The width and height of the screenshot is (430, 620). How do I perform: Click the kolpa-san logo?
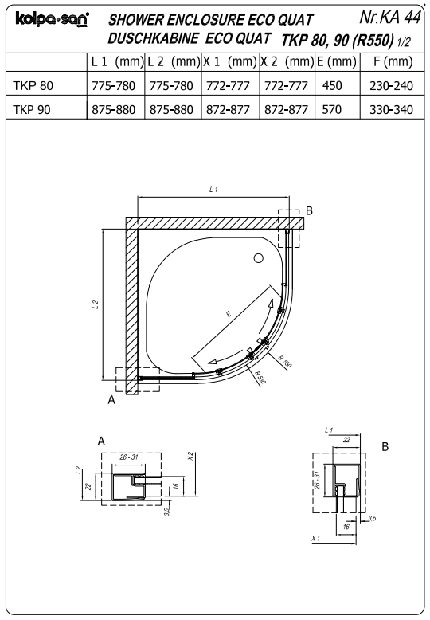pyautogui.click(x=53, y=19)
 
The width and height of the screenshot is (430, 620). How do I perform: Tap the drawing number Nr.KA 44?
pyautogui.click(x=389, y=17)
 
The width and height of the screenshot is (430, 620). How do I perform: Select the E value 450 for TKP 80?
pyautogui.click(x=332, y=86)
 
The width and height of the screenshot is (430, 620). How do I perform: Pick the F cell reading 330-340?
pyautogui.click(x=391, y=109)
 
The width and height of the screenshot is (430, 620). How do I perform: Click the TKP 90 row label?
pyautogui.click(x=32, y=109)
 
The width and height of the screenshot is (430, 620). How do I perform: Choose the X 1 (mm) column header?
pyautogui.click(x=230, y=61)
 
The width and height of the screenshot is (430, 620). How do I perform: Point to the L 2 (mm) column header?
pyautogui.click(x=174, y=61)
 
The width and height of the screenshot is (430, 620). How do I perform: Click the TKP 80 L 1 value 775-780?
pyautogui.click(x=113, y=86)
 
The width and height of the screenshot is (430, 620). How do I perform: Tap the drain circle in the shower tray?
pyautogui.click(x=259, y=258)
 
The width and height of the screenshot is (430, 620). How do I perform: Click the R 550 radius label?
pyautogui.click(x=285, y=362)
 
